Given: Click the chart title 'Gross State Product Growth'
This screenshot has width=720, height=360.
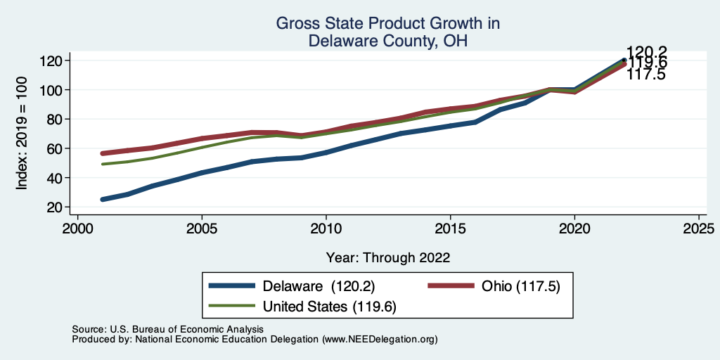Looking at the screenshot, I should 388,24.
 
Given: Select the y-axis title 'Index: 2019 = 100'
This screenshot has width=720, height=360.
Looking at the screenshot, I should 22,134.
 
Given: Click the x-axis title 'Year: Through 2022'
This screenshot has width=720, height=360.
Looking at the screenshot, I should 388,257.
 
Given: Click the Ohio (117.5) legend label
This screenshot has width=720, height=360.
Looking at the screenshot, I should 520,286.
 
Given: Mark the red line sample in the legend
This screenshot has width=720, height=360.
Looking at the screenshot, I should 452,286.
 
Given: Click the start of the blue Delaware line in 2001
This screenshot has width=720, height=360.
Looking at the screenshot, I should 103,200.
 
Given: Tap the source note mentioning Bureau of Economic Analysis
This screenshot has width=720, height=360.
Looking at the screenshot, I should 167,329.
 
